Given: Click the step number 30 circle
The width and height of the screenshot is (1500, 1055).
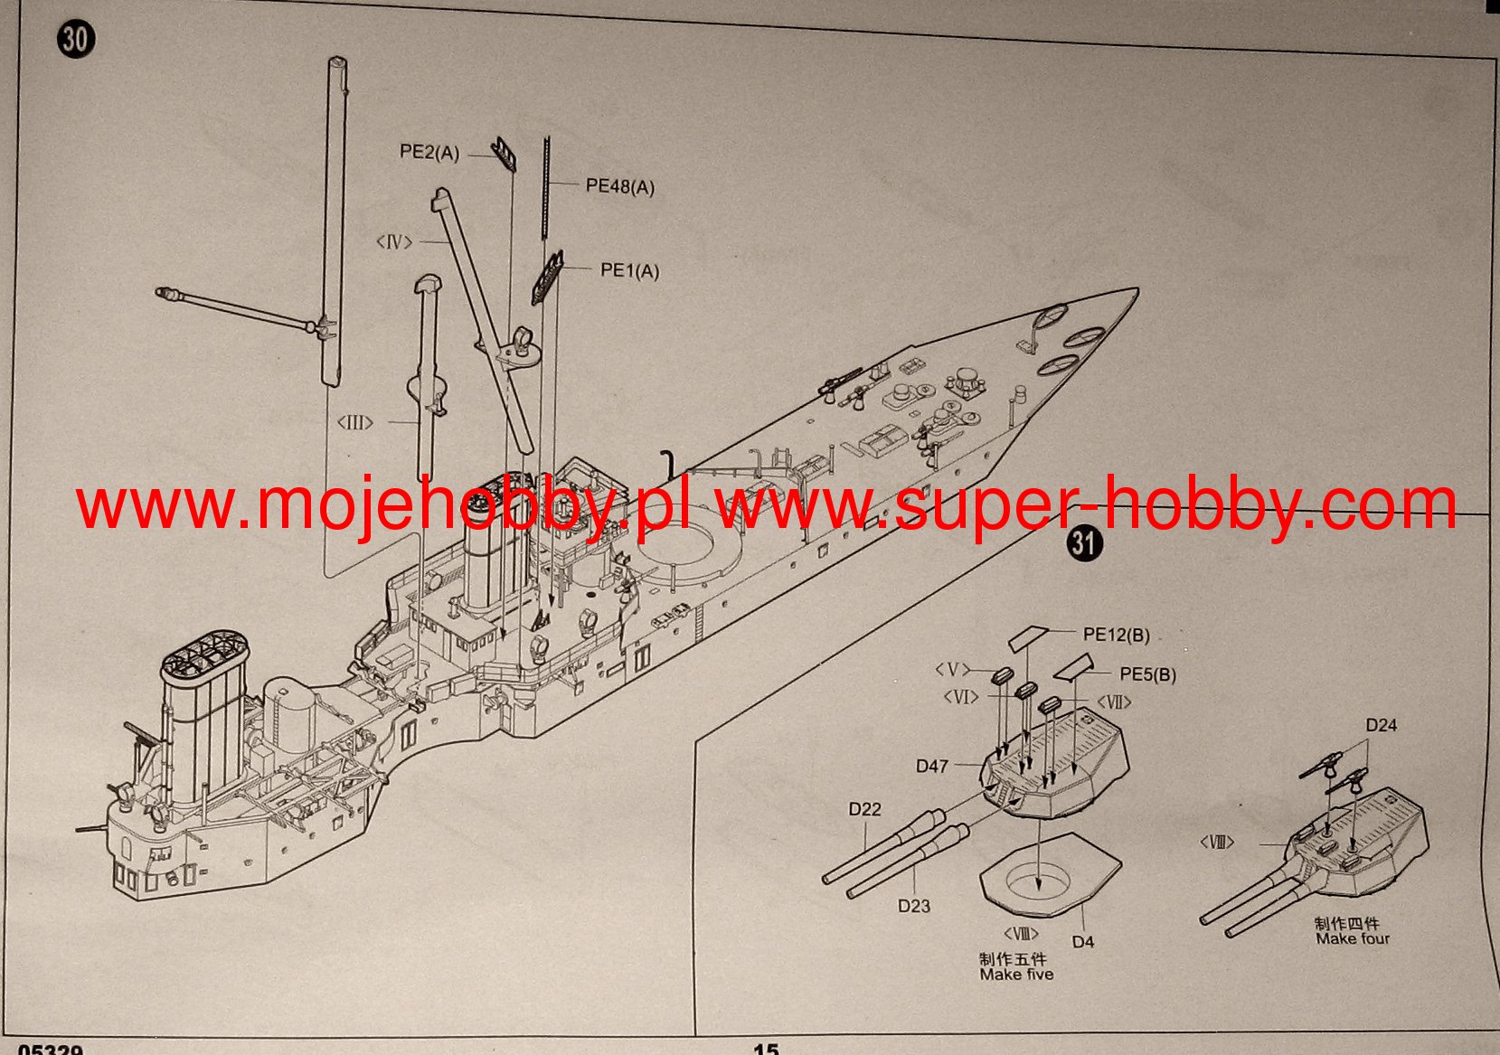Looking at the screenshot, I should [x=76, y=40].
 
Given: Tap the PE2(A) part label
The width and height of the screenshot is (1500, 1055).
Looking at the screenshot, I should [x=429, y=153].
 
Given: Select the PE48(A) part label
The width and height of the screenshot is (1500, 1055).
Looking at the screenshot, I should [x=620, y=186].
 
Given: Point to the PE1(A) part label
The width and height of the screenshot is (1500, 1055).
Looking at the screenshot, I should [x=630, y=270].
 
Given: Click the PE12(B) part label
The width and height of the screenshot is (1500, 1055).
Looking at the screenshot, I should [x=1117, y=635].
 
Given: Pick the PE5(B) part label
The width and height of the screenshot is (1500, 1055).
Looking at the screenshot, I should [x=1148, y=674].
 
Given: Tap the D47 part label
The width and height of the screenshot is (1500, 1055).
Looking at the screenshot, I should [x=932, y=766].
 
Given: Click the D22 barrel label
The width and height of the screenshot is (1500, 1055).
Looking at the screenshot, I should [x=864, y=809].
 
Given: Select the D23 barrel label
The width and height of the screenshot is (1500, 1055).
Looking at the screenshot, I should [x=914, y=905].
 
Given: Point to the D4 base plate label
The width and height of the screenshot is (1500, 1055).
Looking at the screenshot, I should [x=1083, y=941].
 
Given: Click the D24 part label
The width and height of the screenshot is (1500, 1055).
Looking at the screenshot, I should [x=1381, y=725].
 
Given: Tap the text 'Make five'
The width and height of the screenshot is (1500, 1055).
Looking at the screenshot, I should [x=1016, y=975].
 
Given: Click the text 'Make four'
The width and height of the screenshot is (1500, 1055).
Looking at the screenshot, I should [x=1353, y=938].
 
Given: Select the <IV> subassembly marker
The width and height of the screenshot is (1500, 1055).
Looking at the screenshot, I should [x=394, y=242].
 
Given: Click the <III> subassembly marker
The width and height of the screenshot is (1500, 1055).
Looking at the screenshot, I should [x=354, y=422].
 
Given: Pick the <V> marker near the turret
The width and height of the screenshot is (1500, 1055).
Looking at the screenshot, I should [x=952, y=670].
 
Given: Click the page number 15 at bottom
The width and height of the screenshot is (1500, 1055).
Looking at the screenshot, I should [x=765, y=1049].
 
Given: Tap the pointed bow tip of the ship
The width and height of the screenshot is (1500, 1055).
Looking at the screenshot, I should [x=1135, y=290].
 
